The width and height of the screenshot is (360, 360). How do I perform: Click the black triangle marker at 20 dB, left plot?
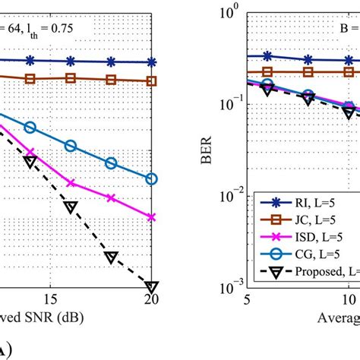[151, 286]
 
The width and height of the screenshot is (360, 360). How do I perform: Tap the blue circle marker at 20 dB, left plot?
[151, 179]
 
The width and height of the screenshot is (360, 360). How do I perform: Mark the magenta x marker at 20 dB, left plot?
[151, 217]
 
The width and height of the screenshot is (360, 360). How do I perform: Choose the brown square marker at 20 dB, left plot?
[151, 81]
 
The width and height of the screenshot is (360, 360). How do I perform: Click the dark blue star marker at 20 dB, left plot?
[151, 62]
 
